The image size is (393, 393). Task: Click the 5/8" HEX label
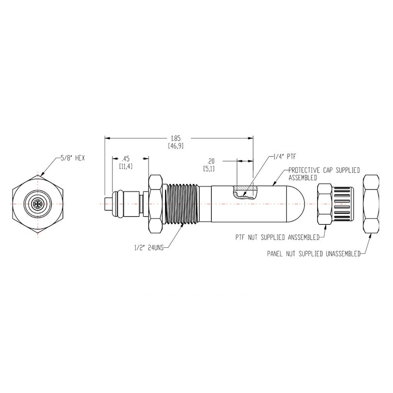[72, 157]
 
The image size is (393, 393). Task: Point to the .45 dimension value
[125, 159]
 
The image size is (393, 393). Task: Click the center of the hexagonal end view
[38, 203]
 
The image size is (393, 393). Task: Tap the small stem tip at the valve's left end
[108, 203]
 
